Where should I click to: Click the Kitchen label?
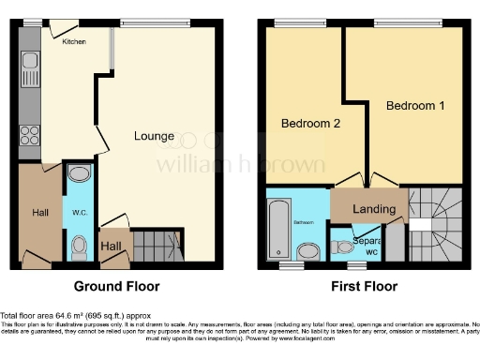74,42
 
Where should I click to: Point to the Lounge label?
153,136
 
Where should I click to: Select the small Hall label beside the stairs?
112,246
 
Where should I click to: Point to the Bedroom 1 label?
415,106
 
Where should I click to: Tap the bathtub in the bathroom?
278,228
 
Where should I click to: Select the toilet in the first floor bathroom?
308,250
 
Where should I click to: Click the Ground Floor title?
116,287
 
